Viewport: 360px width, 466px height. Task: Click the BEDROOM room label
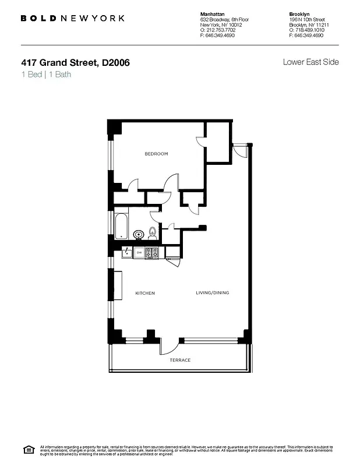coord(156,154)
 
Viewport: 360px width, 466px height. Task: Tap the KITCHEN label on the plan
coord(145,293)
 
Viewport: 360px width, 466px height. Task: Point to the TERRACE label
coord(180,360)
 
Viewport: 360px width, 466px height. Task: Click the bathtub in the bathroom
coord(121,225)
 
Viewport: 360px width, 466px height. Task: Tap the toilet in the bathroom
coord(152,233)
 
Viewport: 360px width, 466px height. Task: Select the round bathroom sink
coord(139,235)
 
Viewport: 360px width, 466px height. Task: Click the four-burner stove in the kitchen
coord(152,253)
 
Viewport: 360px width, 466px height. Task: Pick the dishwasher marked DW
coord(139,253)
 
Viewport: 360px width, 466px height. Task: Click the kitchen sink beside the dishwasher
coord(126,253)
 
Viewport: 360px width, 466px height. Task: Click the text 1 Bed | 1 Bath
coord(46,75)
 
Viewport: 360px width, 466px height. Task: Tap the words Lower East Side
coord(310,62)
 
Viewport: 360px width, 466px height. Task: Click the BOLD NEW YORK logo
coord(72,18)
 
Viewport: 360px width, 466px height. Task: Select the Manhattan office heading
coord(212,13)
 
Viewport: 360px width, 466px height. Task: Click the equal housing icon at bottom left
coord(27,449)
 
